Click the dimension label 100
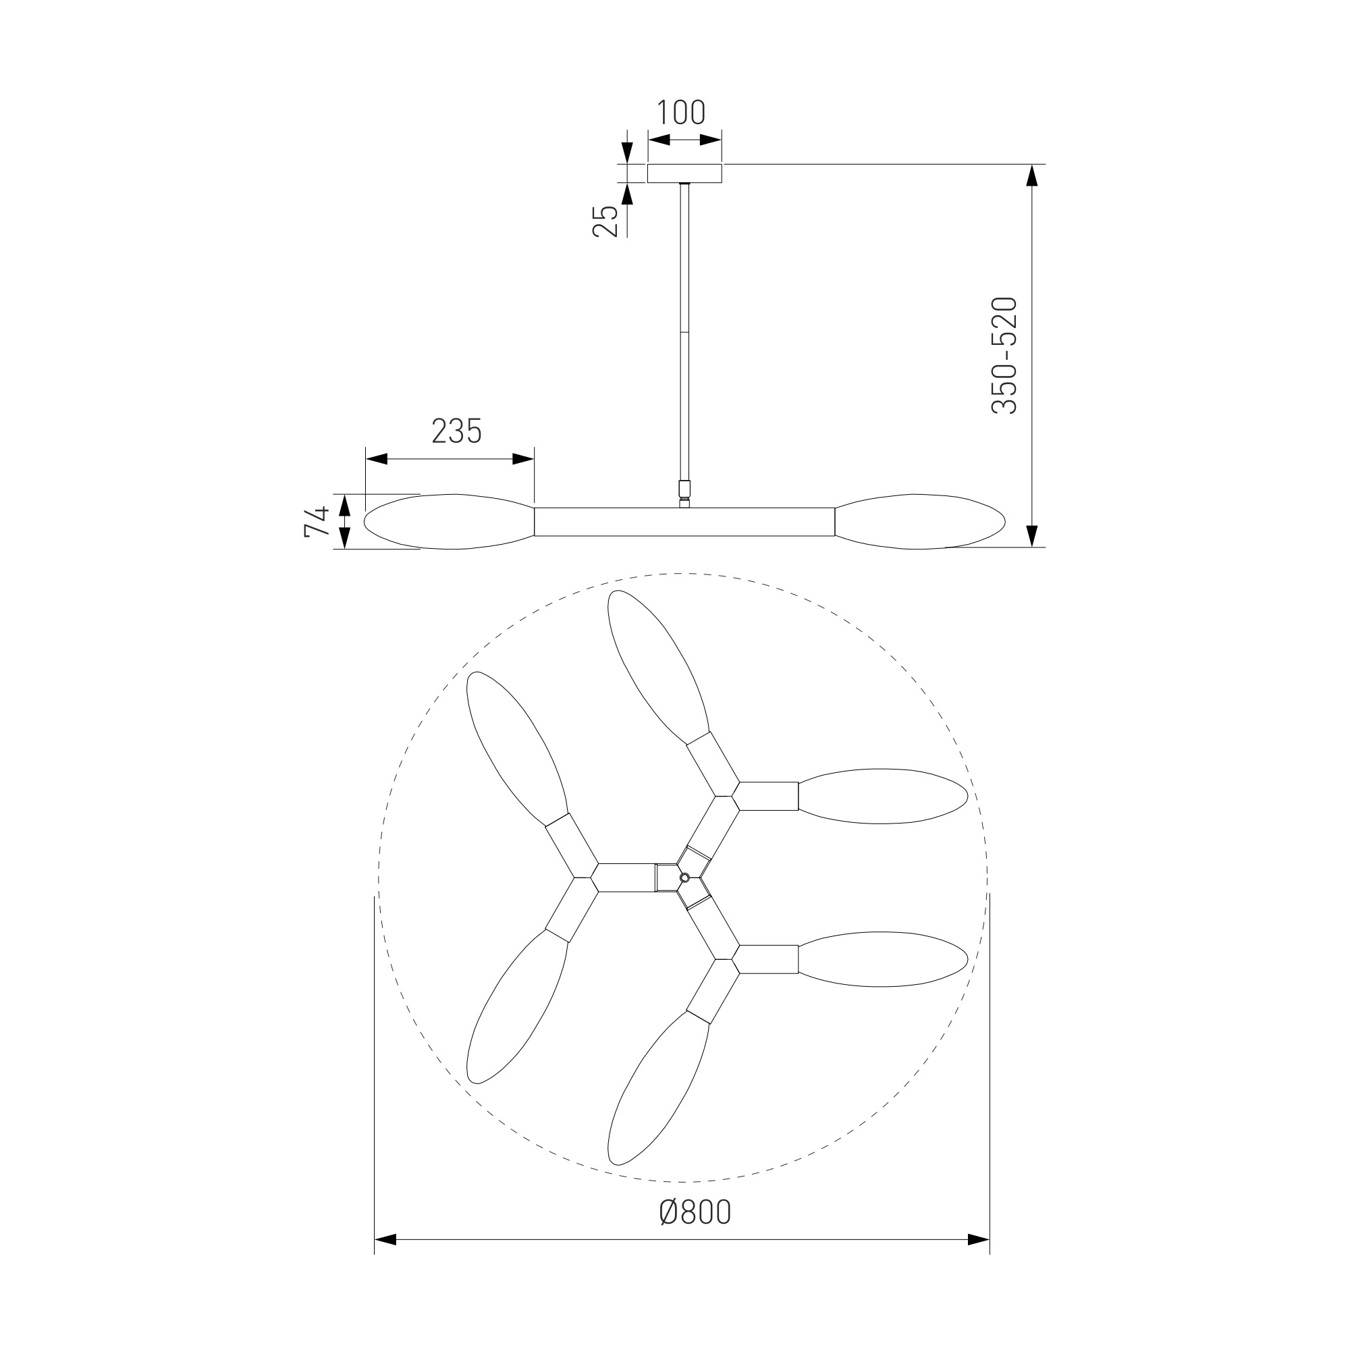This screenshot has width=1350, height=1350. tap(681, 113)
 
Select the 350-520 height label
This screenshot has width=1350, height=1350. tap(1005, 356)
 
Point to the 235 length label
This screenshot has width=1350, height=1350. tap(457, 431)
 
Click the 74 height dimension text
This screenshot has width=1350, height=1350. tap(317, 521)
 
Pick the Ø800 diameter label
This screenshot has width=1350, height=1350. tap(695, 1212)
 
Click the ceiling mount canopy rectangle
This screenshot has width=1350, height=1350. tap(684, 173)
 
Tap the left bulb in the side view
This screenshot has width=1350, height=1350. tap(450, 522)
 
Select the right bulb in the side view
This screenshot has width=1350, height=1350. tap(920, 522)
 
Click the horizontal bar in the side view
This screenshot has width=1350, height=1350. tap(684, 522)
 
